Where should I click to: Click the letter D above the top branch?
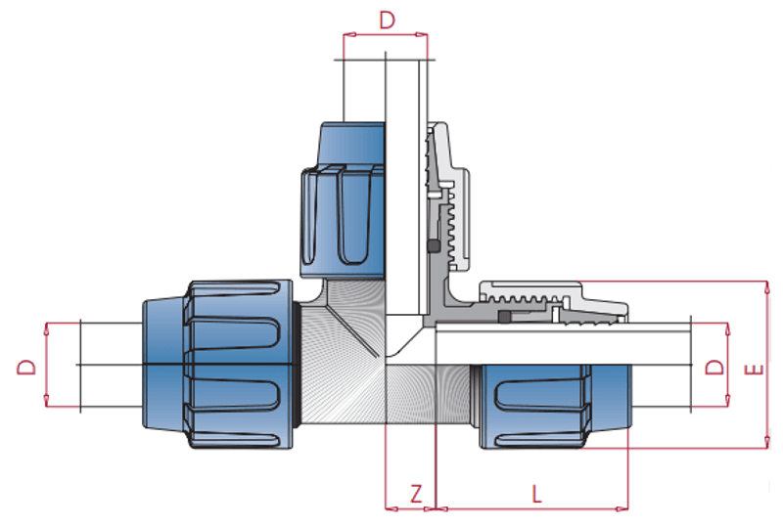click(x=387, y=20)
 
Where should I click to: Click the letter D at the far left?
click(x=27, y=368)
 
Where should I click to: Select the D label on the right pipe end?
click(x=714, y=368)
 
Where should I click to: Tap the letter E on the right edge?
click(x=755, y=370)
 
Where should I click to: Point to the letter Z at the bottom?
click(x=416, y=494)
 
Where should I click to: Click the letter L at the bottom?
click(x=536, y=494)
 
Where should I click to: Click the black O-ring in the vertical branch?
click(x=433, y=245)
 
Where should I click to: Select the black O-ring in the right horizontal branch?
click(x=504, y=317)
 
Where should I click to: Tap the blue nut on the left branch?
click(x=218, y=365)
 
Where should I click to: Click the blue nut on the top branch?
click(x=343, y=199)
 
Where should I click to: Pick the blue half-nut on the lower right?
click(x=555, y=407)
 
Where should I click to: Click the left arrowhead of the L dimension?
click(x=442, y=509)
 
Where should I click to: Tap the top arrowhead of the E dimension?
click(x=767, y=287)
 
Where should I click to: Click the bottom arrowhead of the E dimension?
click(x=767, y=442)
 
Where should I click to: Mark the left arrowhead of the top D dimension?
click(x=349, y=35)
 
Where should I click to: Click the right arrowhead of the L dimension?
click(x=622, y=509)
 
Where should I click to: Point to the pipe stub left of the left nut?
click(x=111, y=365)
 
